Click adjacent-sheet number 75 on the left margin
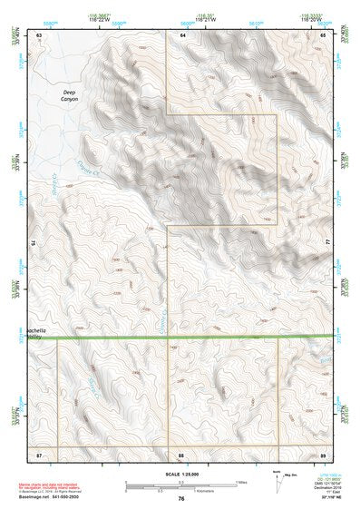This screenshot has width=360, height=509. (34, 243)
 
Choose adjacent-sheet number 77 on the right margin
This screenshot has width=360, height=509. (326, 243)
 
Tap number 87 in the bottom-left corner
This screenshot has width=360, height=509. (39, 453)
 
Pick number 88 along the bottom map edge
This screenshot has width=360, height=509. (181, 453)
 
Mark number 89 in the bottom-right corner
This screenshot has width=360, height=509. (323, 453)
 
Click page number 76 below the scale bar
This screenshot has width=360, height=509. (181, 498)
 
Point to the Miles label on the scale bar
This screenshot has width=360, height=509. (241, 482)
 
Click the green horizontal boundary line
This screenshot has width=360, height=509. (181, 338)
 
